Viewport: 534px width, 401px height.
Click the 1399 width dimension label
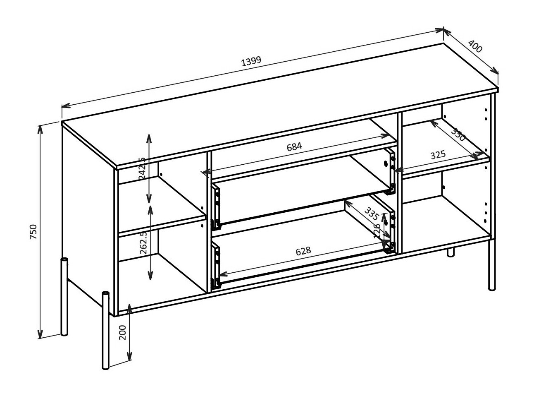pyautogui.click(x=251, y=61)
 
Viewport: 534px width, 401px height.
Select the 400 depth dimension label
pyautogui.click(x=476, y=47)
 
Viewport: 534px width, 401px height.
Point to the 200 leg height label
pyautogui.click(x=123, y=332)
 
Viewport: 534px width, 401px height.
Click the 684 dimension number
pyautogui.click(x=295, y=146)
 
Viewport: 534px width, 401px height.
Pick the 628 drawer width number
pyautogui.click(x=303, y=251)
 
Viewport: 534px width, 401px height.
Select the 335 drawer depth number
pyautogui.click(x=372, y=213)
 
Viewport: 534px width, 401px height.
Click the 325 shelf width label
pyautogui.click(x=438, y=155)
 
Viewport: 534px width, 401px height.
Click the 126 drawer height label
pyautogui.click(x=377, y=231)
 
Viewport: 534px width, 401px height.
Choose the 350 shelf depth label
pyautogui.click(x=458, y=135)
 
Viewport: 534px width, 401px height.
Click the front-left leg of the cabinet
pyautogui.click(x=106, y=331)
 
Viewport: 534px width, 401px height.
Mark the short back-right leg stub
pyautogui.click(x=451, y=252)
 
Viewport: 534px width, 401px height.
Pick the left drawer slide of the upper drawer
pyautogui.click(x=215, y=207)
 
